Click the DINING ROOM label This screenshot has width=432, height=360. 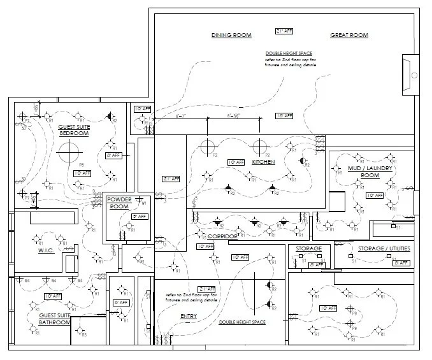click(x=231, y=35)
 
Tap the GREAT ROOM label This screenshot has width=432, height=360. click(x=349, y=35)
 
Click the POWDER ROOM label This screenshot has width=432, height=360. click(x=119, y=203)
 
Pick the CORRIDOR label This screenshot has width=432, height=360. click(x=222, y=236)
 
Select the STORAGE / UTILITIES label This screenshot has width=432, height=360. click(x=384, y=248)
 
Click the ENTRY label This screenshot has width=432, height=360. click(x=189, y=316)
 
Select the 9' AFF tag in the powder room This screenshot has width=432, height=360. click(x=139, y=217)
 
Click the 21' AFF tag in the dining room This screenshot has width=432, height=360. click(x=284, y=31)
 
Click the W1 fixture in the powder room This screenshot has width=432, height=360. click(x=144, y=203)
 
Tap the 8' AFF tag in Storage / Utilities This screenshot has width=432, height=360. click(x=400, y=263)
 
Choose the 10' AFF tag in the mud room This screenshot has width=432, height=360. click(x=375, y=195)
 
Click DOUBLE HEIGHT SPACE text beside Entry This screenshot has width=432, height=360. click(x=242, y=322)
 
